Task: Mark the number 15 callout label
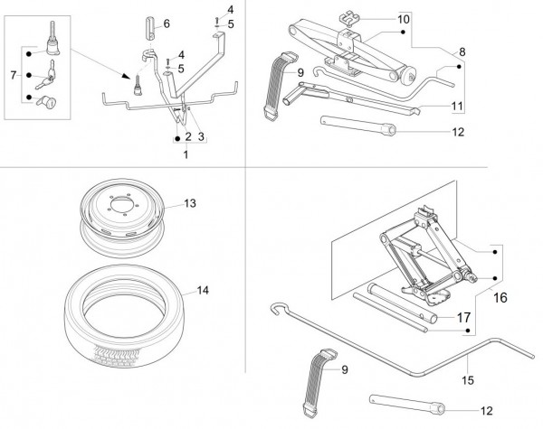pyautogui.click(x=467, y=357)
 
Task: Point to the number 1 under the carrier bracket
pyautogui.click(x=186, y=154)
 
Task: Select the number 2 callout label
pyautogui.click(x=186, y=137)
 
